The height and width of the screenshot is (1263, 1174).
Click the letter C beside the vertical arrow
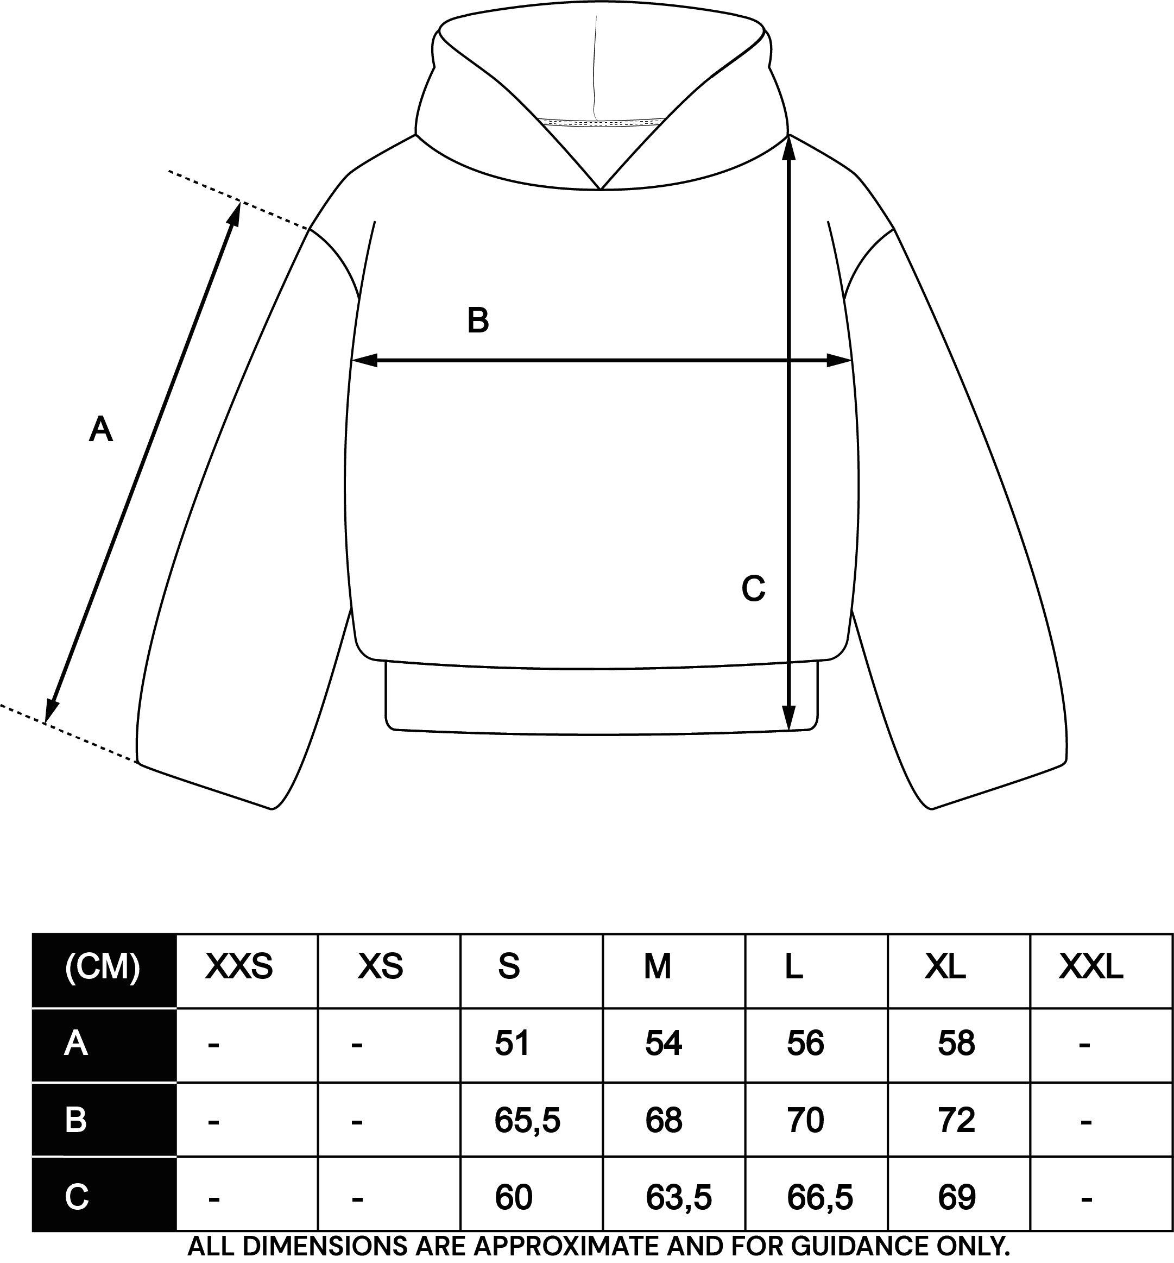753,588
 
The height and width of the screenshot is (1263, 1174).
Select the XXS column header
239,967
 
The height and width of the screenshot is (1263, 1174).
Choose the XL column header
945,967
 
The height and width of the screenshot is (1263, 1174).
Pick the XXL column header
1091,967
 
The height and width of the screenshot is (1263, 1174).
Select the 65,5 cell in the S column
527,1120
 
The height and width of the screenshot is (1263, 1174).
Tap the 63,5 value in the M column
678,1198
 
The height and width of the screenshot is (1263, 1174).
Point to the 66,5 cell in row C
820,1198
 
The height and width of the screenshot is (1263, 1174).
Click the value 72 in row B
956,1120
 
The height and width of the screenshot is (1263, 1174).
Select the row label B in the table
75,1120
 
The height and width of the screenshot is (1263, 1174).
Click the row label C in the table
76,1198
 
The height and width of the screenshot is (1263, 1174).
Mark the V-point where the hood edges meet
601,190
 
